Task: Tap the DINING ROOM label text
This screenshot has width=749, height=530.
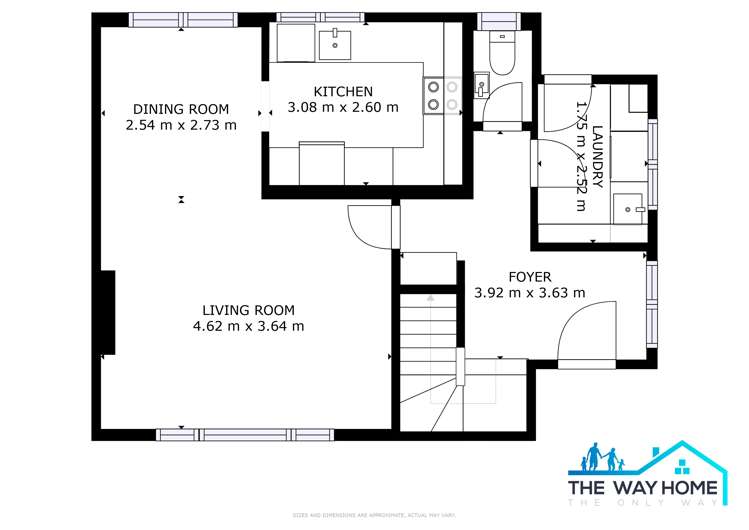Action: (x=181, y=109)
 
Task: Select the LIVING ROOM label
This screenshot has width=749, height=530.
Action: (x=249, y=309)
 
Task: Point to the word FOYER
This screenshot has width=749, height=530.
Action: (x=529, y=277)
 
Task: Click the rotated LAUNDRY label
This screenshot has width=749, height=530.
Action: (x=598, y=155)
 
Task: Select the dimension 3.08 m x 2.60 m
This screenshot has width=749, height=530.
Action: (x=343, y=107)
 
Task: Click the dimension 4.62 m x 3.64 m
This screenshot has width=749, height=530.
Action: (x=249, y=325)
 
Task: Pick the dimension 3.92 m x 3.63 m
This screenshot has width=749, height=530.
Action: (x=529, y=293)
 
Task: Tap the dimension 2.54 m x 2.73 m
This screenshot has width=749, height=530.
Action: (x=181, y=125)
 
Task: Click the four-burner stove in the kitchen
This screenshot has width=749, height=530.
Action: (x=441, y=94)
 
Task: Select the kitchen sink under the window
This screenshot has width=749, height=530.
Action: (x=335, y=41)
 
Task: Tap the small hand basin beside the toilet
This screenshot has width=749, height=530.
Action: (x=479, y=86)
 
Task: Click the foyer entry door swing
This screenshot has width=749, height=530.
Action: (x=584, y=335)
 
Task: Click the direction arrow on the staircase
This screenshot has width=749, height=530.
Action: (x=431, y=298)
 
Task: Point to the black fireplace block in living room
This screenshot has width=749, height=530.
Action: (x=108, y=312)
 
